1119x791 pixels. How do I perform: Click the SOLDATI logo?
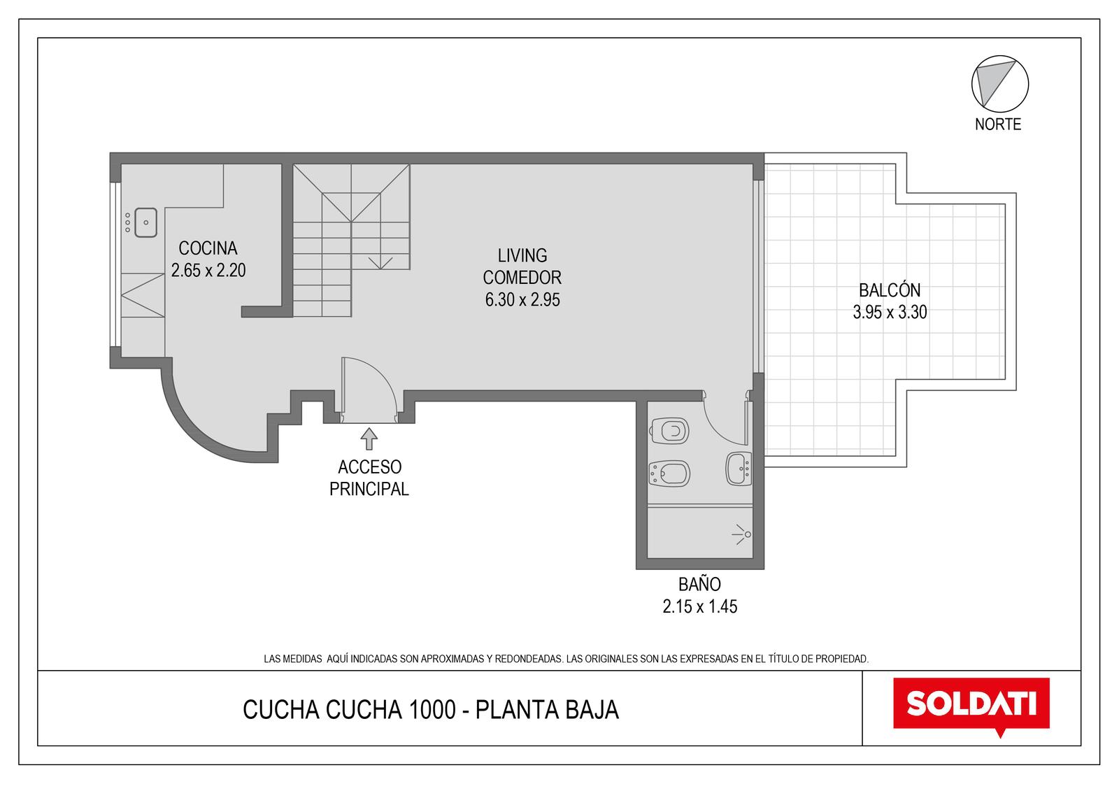click(x=971, y=706)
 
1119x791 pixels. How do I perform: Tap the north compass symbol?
click(x=999, y=84)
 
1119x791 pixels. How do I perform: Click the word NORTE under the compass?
click(x=997, y=124)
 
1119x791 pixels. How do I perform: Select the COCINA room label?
click(x=208, y=248)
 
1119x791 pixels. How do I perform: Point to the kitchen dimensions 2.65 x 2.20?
click(x=208, y=271)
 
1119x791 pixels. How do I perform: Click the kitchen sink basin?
click(x=146, y=222)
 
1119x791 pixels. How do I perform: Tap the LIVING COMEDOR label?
click(x=522, y=266)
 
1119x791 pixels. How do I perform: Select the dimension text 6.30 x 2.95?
click(x=522, y=299)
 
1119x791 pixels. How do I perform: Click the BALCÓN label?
click(x=890, y=290)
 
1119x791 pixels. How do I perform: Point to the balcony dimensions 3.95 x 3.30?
click(x=890, y=313)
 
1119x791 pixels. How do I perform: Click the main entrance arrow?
click(x=369, y=439)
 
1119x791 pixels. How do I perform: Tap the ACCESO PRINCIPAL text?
click(x=369, y=478)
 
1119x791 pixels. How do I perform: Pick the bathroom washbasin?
click(x=739, y=469)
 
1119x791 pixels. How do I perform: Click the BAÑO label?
click(x=699, y=584)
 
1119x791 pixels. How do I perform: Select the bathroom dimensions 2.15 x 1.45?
click(x=700, y=606)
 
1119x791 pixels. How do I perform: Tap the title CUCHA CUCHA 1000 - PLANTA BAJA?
click(x=431, y=710)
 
